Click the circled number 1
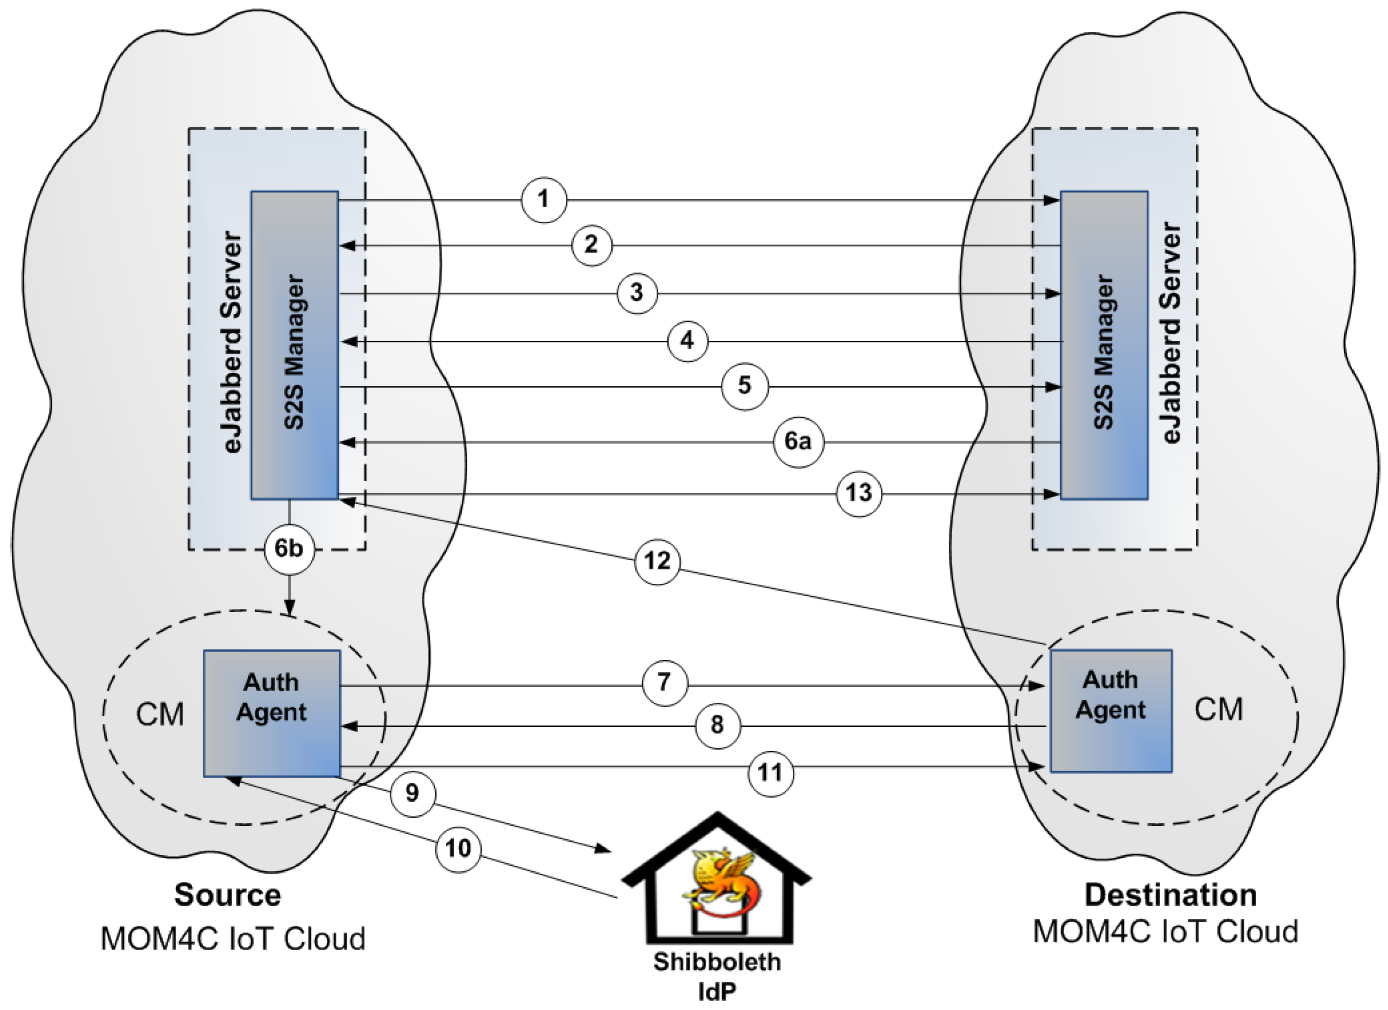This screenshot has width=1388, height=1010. pos(543,200)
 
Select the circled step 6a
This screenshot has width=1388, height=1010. pos(798,441)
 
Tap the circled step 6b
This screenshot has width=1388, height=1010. pos(289,549)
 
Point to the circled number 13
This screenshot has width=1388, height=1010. pos(858,494)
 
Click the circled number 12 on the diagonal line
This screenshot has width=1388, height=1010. pos(657,561)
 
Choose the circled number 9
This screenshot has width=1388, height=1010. pos(413,794)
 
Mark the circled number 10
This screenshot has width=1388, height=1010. pos(458,849)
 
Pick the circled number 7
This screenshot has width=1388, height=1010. pos(665,682)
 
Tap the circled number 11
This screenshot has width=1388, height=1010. pos(770,773)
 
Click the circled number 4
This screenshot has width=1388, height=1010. pos(687,340)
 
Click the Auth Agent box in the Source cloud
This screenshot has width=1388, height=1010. pos(272,714)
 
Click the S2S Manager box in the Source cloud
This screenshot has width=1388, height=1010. pos(294,346)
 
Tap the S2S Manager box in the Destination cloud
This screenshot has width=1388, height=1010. pos(1104,346)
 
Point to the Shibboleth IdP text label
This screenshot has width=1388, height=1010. pos(716,975)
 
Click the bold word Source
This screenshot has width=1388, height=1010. pos(227,896)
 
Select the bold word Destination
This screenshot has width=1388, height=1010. pos(1171,896)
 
